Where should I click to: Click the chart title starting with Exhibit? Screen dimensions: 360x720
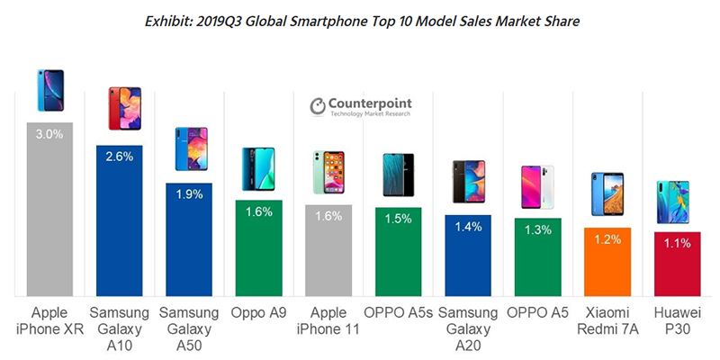click(360, 18)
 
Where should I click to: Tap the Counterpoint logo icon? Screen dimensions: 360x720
click(318, 106)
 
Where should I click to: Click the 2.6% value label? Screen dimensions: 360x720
click(119, 157)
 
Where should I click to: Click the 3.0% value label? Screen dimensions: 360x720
click(49, 134)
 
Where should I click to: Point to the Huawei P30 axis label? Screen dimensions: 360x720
click(673, 321)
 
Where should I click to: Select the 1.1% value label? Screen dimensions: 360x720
click(673, 242)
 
